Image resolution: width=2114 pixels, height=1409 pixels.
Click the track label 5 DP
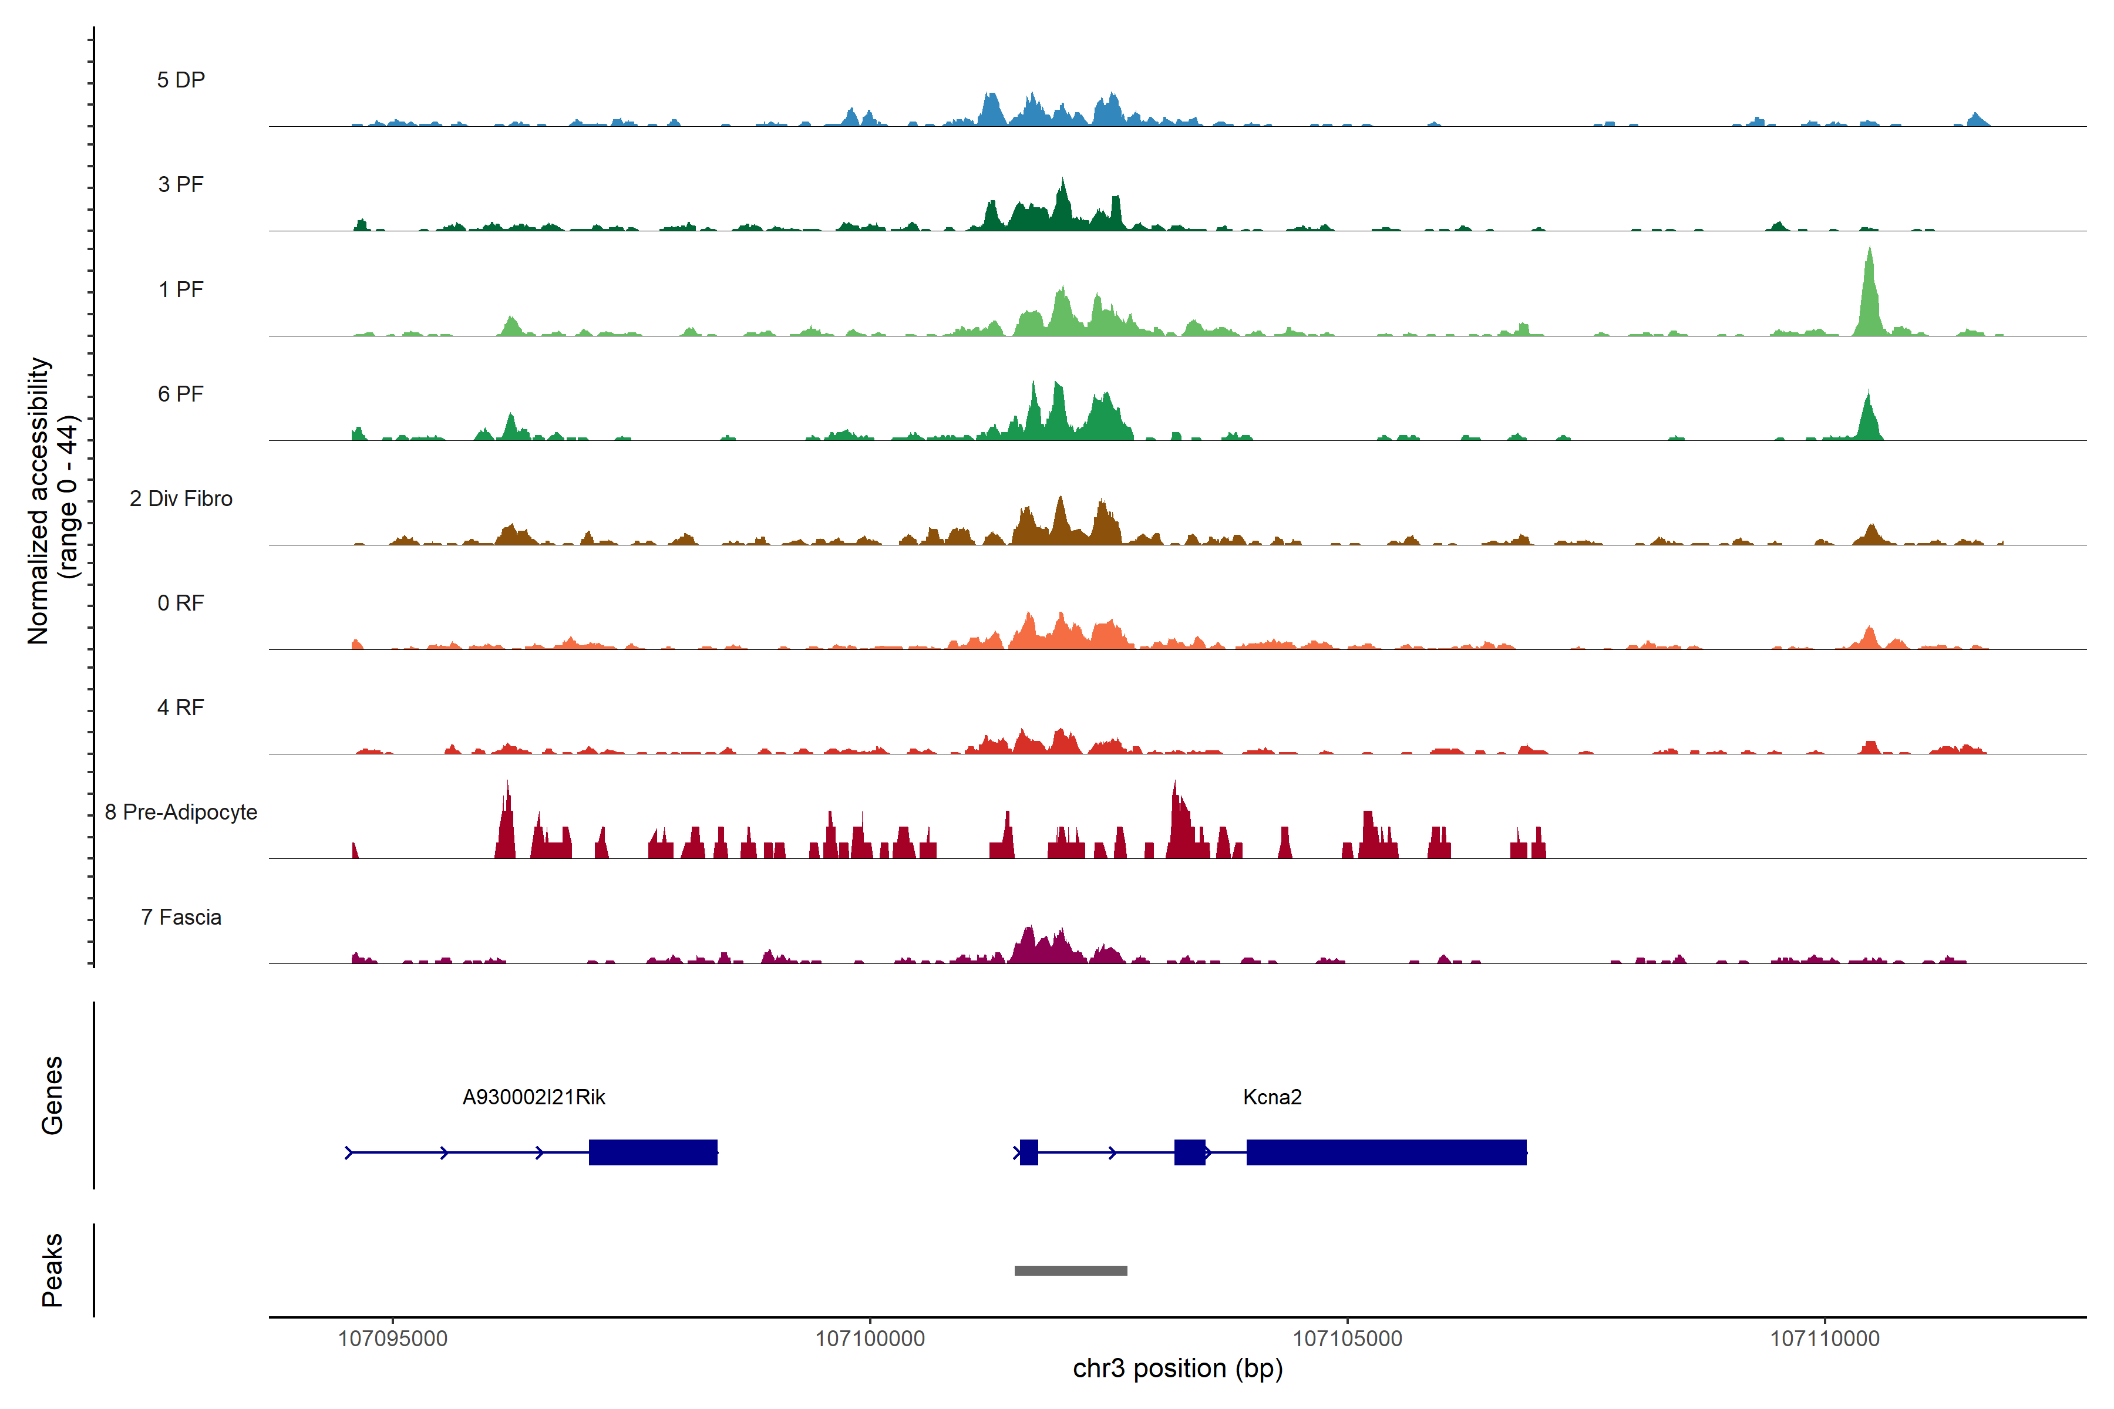(181, 80)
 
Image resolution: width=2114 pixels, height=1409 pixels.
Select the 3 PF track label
(181, 184)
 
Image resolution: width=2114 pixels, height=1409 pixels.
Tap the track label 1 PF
(181, 289)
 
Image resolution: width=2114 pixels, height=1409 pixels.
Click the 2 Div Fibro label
(181, 498)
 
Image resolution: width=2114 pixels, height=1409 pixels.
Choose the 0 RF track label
(181, 603)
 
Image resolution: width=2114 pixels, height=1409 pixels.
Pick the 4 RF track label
(181, 707)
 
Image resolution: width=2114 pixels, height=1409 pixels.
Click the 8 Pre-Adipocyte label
(181, 813)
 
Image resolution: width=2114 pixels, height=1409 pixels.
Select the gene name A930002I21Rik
(534, 1097)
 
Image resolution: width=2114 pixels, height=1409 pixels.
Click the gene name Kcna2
(1272, 1097)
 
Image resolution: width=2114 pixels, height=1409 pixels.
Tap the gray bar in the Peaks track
(1071, 1270)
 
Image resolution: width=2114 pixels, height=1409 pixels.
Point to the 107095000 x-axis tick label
(393, 1339)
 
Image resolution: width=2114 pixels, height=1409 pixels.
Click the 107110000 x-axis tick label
(1824, 1339)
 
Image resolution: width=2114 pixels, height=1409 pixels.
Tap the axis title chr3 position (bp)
(1177, 1368)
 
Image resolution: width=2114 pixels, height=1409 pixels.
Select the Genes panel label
(52, 1095)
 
